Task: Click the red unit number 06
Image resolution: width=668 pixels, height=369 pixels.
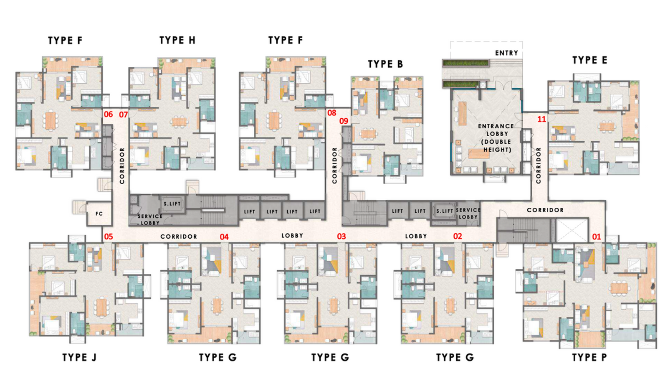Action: (x=108, y=114)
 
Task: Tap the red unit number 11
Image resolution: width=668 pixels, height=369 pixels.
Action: (x=541, y=119)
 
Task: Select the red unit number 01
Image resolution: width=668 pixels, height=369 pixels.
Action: (x=597, y=237)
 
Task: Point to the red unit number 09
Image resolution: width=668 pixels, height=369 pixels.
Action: (x=344, y=121)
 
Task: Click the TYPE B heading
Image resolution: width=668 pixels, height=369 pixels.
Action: (x=385, y=64)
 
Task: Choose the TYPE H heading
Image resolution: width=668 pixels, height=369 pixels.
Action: (x=177, y=40)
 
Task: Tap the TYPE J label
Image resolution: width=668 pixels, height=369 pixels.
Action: (x=79, y=357)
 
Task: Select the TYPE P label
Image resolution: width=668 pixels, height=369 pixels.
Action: (x=589, y=357)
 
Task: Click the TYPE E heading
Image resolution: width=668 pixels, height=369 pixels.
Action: (x=590, y=60)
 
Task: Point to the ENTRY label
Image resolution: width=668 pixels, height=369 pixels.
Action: (x=506, y=53)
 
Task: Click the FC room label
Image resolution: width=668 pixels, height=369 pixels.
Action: (x=99, y=214)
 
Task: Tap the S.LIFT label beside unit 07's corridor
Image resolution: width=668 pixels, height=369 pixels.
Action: (x=172, y=204)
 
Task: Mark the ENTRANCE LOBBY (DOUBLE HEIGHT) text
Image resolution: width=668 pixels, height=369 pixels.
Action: (x=496, y=137)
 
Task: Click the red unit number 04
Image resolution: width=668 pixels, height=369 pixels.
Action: (x=224, y=237)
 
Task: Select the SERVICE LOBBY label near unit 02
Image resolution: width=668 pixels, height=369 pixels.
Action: (x=468, y=213)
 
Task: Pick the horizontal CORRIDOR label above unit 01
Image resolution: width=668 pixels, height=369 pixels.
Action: (x=545, y=210)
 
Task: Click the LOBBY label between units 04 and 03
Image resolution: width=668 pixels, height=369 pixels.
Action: (x=292, y=236)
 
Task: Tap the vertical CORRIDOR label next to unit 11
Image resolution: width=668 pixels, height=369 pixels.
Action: (x=539, y=165)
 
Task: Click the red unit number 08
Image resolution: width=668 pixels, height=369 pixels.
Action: (x=331, y=113)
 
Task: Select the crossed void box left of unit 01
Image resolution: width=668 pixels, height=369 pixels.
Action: (x=572, y=230)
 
